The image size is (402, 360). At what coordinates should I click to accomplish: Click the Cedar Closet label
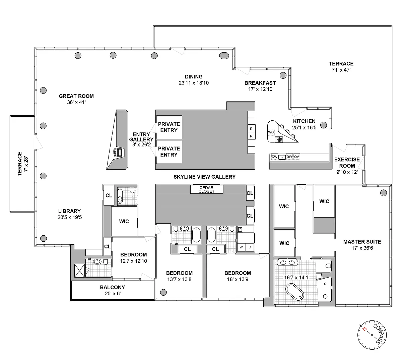click(206, 189)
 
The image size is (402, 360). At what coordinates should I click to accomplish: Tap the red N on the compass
click(364, 329)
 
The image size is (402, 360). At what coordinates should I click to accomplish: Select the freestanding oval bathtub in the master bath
click(294, 292)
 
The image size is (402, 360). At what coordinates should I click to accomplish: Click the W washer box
click(241, 247)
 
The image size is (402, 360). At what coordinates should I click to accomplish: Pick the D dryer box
click(250, 247)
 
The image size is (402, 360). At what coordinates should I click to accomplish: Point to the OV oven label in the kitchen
click(296, 157)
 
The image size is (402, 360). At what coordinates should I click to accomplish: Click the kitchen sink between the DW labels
click(282, 157)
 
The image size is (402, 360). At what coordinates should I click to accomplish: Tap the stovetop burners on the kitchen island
click(279, 139)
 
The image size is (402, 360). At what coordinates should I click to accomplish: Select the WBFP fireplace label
click(115, 153)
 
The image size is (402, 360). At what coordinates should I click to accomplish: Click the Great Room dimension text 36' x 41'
click(76, 102)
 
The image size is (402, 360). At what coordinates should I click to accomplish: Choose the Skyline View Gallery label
click(204, 177)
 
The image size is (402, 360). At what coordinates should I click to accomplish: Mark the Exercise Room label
click(347, 163)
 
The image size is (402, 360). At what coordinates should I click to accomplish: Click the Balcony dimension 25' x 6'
click(113, 294)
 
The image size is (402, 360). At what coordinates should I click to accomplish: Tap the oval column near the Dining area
click(224, 56)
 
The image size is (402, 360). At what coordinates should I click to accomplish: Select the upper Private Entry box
click(169, 127)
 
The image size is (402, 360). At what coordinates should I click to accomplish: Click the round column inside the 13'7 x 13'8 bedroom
click(163, 292)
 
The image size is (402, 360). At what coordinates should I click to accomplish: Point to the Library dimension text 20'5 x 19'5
click(70, 217)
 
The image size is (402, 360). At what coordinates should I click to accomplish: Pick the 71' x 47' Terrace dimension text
click(341, 70)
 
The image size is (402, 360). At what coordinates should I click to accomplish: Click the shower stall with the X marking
click(80, 271)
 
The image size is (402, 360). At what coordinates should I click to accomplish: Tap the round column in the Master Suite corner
click(383, 193)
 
